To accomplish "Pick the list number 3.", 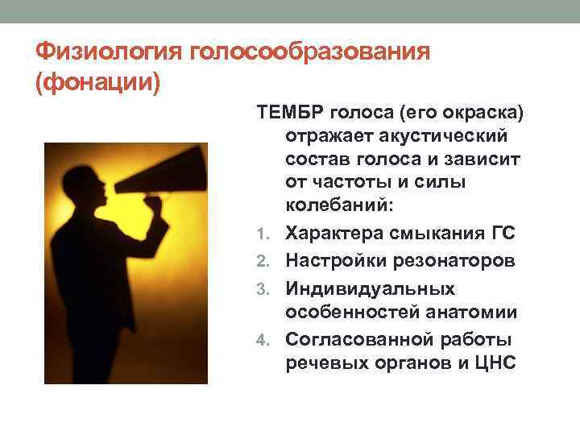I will [270, 288].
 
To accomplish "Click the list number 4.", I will [270, 338].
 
